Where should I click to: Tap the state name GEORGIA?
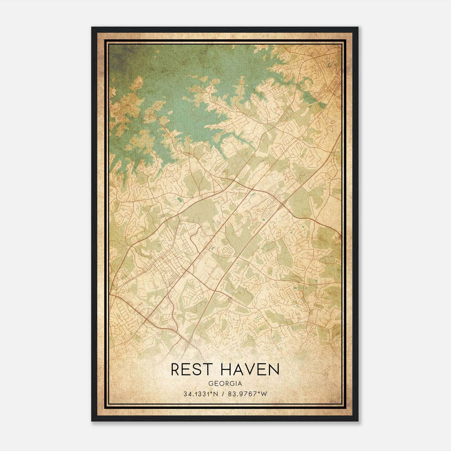point(225,383)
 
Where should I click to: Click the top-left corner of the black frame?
point(92,27)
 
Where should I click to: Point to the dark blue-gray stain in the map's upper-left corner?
point(117,56)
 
